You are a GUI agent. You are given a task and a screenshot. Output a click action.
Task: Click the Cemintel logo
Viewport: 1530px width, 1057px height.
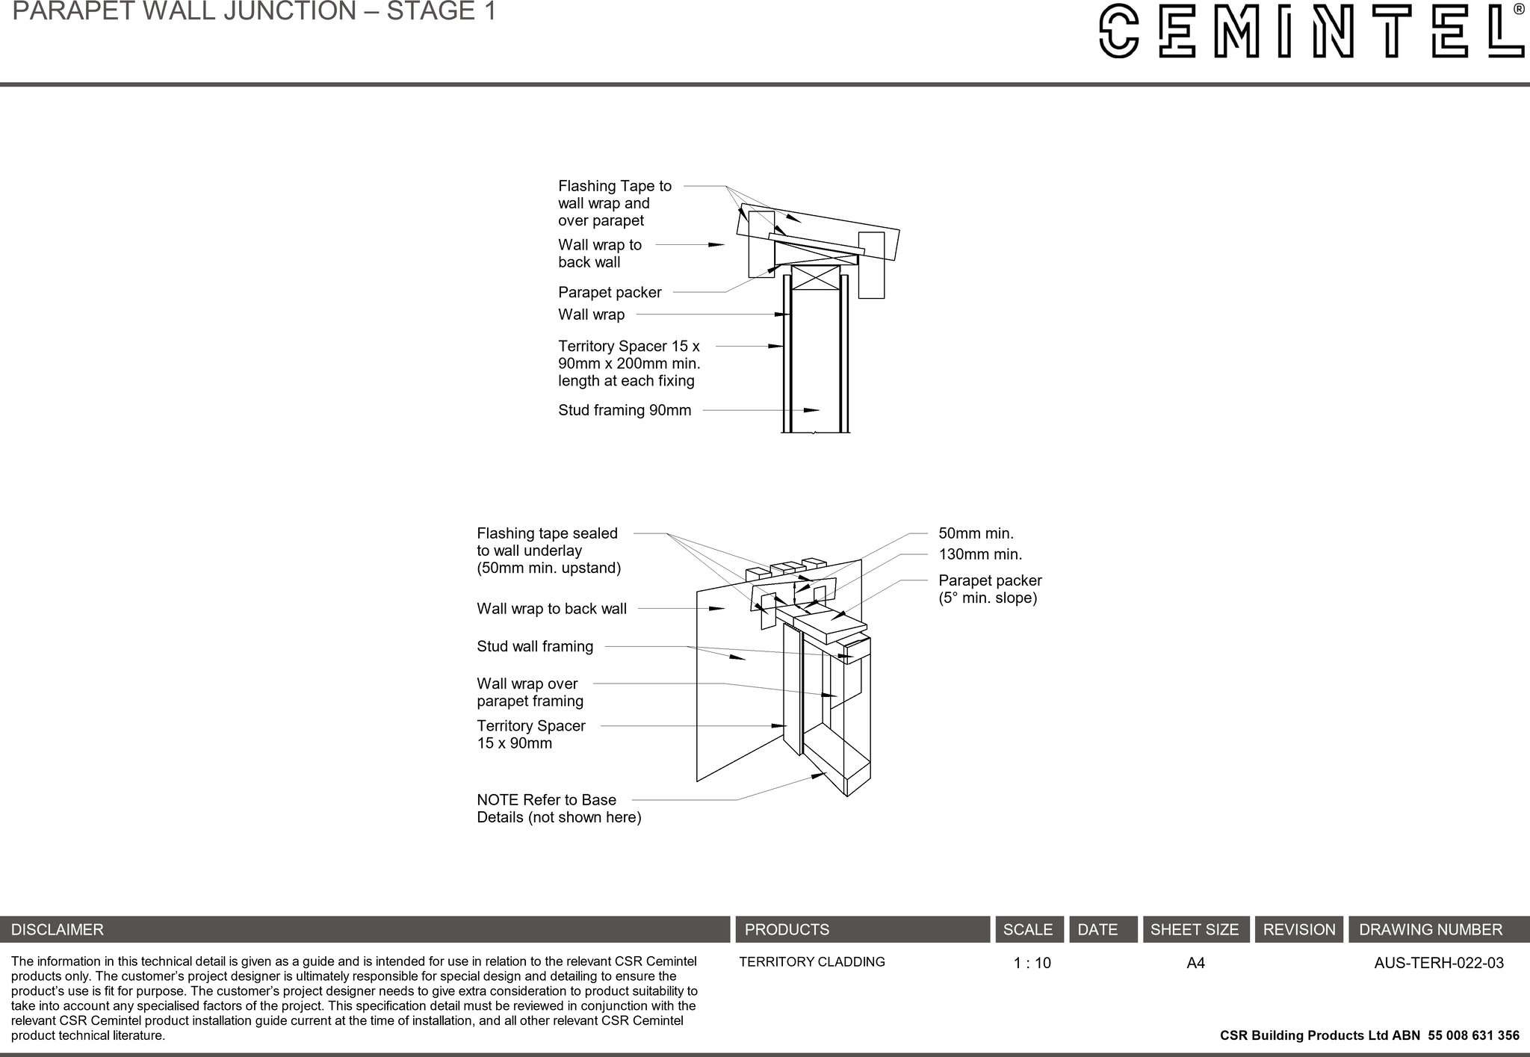point(1312,31)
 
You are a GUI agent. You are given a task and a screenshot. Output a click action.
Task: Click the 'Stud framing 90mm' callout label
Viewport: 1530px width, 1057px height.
point(624,410)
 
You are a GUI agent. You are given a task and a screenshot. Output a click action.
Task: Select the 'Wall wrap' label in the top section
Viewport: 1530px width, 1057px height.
point(591,314)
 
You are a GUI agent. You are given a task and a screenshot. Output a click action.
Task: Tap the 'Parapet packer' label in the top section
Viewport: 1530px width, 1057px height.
point(609,292)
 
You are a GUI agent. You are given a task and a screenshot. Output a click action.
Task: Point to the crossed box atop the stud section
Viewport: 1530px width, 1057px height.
point(815,277)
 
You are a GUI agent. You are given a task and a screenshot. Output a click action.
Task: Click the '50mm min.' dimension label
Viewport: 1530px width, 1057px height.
point(976,533)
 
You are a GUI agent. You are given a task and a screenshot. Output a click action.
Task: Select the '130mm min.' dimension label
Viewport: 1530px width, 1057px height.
point(979,554)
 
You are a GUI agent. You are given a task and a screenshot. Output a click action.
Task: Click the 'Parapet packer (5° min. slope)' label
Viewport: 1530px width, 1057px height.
point(989,589)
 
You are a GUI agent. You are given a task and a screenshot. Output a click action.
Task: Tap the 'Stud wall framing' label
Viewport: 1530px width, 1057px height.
point(535,646)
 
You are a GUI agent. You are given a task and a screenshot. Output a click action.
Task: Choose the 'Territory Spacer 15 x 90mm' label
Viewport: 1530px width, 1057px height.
point(530,734)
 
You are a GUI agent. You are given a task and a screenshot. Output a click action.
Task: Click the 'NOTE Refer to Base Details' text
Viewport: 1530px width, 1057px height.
point(558,808)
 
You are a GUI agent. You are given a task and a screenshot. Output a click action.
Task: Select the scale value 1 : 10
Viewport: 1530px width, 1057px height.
point(1032,963)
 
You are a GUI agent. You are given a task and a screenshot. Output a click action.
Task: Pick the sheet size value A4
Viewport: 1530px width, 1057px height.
point(1195,963)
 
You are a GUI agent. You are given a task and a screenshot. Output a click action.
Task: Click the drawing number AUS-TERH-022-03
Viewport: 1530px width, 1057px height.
point(1438,963)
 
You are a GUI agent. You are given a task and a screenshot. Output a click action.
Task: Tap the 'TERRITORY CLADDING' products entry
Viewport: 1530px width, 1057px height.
point(811,962)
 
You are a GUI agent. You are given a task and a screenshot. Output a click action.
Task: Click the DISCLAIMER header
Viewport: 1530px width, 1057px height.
point(58,929)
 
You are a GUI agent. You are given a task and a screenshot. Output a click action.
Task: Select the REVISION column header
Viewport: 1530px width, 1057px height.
point(1298,929)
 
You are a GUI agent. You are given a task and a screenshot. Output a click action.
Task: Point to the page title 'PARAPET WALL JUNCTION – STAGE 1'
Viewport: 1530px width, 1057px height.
point(254,11)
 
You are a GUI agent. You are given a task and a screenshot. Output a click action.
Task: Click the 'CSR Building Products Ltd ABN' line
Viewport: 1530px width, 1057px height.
point(1369,1035)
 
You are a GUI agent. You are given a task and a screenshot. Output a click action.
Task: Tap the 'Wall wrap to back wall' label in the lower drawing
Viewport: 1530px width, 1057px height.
point(551,609)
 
